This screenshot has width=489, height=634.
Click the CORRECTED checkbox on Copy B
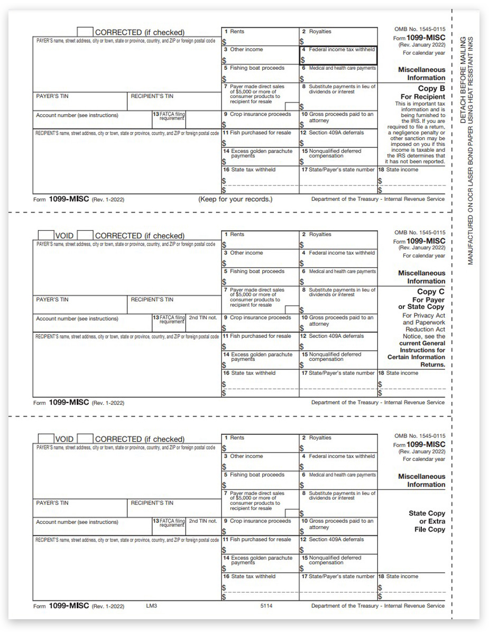pyautogui.click(x=85, y=32)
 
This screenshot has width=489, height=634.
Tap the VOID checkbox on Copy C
pyautogui.click(x=45, y=235)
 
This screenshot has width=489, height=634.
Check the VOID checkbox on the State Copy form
pyautogui.click(x=45, y=439)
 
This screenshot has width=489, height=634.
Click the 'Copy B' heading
pyautogui.click(x=431, y=89)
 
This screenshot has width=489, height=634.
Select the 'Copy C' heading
pyautogui.click(x=431, y=292)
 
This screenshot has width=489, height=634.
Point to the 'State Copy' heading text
pyautogui.click(x=427, y=513)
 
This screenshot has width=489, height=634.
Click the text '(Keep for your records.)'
pyautogui.click(x=235, y=199)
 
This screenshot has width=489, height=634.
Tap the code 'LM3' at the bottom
pyautogui.click(x=152, y=606)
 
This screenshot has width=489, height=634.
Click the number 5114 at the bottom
pyautogui.click(x=266, y=606)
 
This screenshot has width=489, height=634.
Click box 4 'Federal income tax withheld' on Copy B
pyautogui.click(x=338, y=55)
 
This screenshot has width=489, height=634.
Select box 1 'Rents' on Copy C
pyautogui.click(x=260, y=239)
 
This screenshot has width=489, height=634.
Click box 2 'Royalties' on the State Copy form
pyautogui.click(x=338, y=442)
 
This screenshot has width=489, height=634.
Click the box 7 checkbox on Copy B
pyautogui.click(x=291, y=106)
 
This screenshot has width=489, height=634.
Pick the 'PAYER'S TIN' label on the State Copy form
pyautogui.click(x=52, y=503)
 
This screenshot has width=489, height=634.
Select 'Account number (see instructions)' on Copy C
pyautogui.click(x=77, y=319)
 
